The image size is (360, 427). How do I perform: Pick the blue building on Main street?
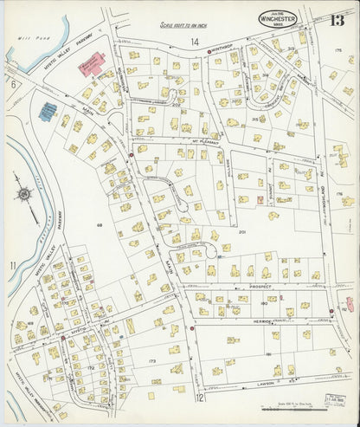48,112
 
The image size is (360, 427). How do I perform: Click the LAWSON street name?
260,378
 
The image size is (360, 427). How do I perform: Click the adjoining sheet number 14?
195,42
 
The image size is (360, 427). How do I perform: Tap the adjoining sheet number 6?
14,83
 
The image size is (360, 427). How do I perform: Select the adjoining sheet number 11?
13,264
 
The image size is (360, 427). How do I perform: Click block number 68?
100,224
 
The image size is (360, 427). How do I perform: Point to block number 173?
152,359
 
